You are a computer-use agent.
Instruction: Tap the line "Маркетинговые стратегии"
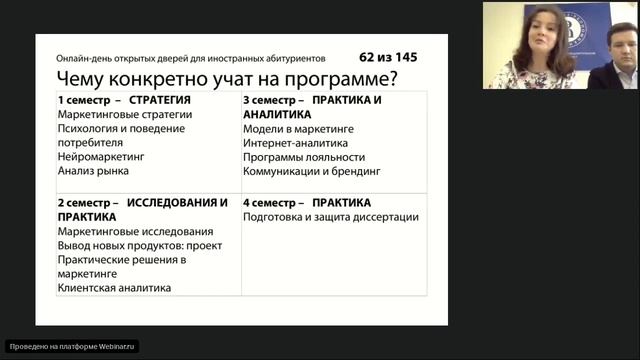[125, 115]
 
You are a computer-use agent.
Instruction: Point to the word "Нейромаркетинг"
[101, 157]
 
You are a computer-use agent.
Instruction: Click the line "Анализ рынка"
[93, 171]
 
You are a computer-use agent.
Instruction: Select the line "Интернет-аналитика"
[294, 143]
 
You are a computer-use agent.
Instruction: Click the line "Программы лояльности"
[304, 157]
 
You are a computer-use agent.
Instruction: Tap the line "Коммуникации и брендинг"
[311, 171]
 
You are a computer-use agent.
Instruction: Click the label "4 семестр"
[271, 203]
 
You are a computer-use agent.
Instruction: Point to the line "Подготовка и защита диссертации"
[330, 217]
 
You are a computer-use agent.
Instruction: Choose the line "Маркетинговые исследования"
[135, 231]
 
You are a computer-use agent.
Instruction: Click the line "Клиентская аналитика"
[114, 288]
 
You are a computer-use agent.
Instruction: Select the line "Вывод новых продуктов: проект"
[140, 245]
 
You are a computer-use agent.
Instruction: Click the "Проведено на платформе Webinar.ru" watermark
[72, 346]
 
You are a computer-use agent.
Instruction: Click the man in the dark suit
[612, 58]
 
